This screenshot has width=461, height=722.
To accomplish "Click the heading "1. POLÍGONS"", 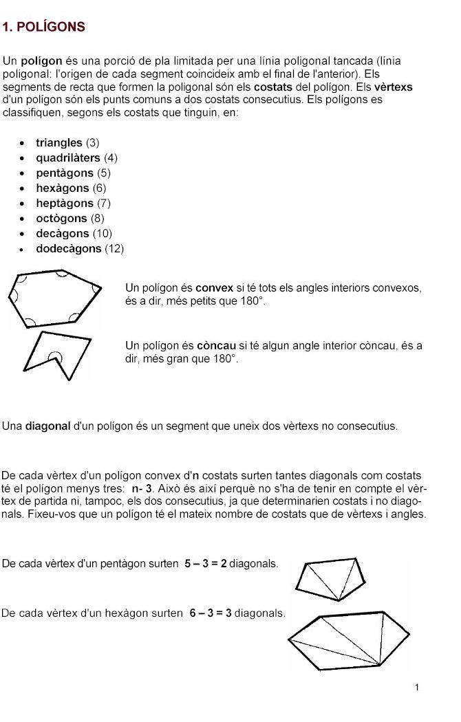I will [44, 28].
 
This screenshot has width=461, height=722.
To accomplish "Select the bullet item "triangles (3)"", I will [67, 143].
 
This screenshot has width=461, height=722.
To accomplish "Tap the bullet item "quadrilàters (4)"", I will [76, 158].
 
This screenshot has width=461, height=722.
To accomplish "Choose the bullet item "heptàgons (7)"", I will [73, 204].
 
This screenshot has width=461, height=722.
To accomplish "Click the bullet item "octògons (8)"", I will [71, 219].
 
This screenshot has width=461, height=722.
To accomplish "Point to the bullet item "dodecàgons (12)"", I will [80, 249].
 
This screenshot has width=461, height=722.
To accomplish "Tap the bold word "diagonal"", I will [48, 426].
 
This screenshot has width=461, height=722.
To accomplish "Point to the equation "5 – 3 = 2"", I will [206, 564].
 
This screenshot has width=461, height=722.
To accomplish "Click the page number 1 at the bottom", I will [417, 687].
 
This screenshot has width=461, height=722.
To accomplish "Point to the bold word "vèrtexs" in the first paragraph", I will [394, 87].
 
